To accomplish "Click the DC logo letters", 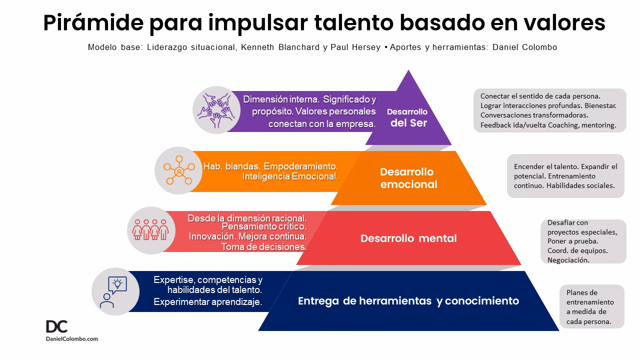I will (x=56, y=326).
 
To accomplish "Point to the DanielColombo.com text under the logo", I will (x=72, y=339).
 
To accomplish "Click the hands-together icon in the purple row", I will (x=215, y=110).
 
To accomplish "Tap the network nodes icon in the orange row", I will (x=178, y=170).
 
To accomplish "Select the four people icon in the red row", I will (x=150, y=230).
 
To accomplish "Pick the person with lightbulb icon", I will (x=115, y=291).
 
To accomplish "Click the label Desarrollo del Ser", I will (x=407, y=117).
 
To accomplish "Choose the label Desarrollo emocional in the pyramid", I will (x=408, y=178).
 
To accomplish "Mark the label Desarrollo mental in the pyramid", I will (x=408, y=238).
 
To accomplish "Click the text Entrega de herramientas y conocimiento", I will (x=408, y=301).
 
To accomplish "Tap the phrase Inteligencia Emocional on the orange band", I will (x=290, y=176).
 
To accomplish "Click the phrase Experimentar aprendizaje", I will (x=208, y=302).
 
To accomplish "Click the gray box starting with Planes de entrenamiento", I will (x=591, y=306).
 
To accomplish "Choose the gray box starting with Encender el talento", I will (x=565, y=176).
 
